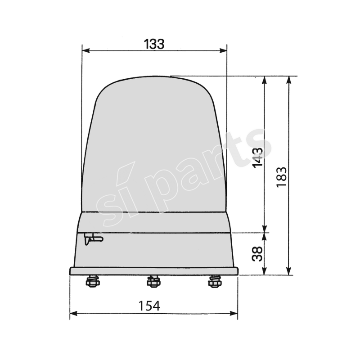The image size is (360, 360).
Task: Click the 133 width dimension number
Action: pos(154,44)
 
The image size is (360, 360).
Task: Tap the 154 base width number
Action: pos(149,306)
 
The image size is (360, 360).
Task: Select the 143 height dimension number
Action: pos(257,157)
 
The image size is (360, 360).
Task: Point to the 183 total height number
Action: pos(282,177)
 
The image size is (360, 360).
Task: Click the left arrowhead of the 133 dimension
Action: pos(85,51)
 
